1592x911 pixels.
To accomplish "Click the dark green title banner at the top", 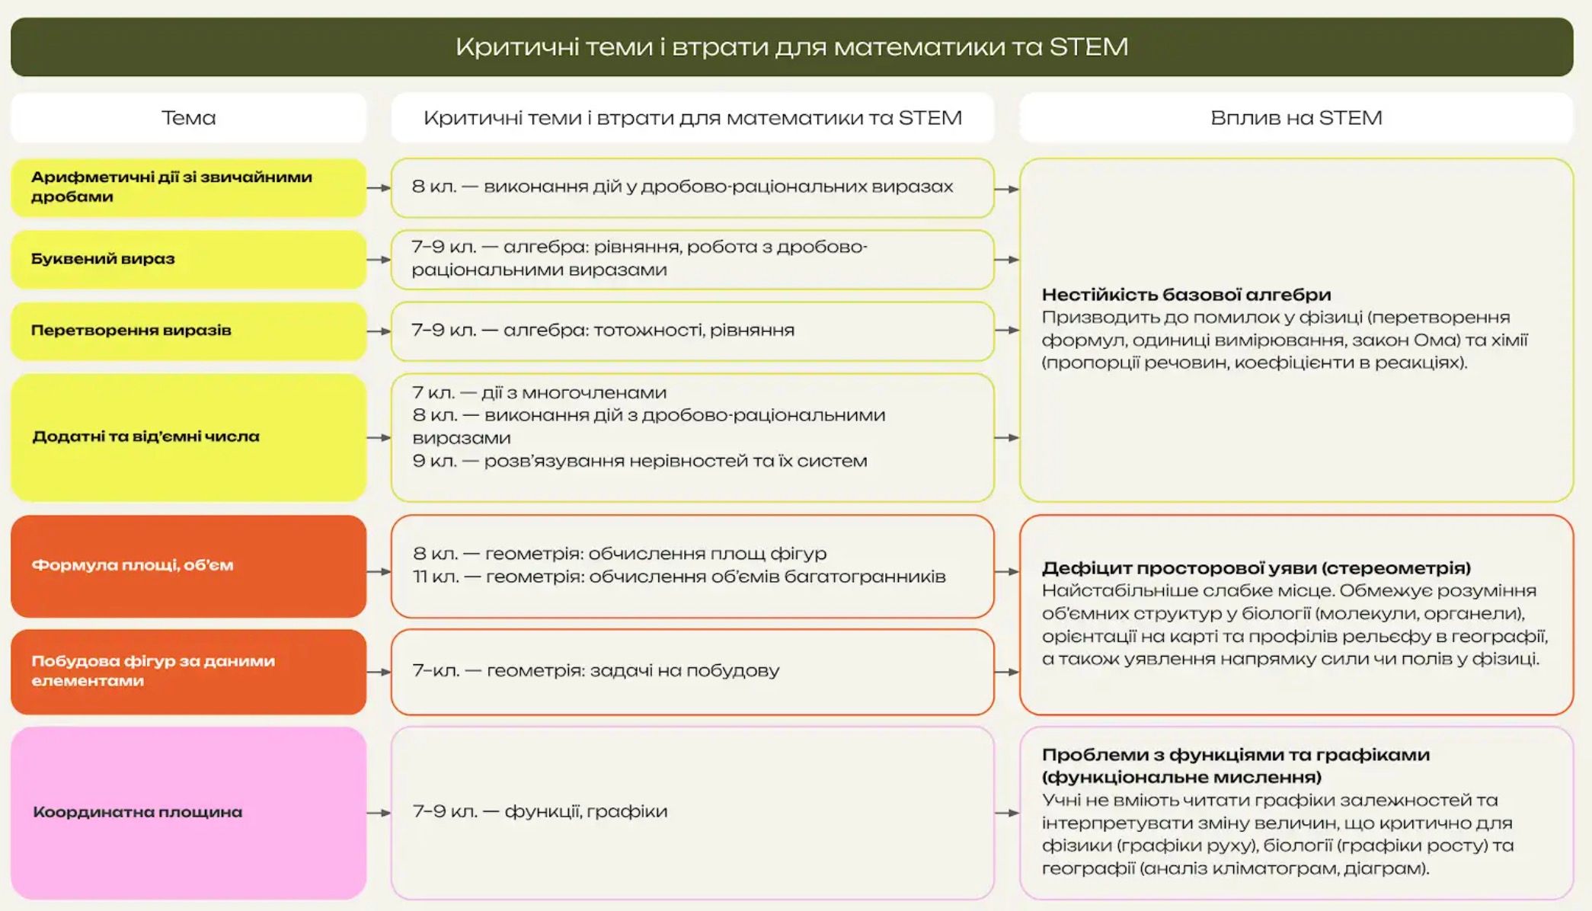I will [x=792, y=46].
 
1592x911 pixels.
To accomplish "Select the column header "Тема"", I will [x=188, y=118].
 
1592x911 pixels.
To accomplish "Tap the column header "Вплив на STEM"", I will [x=1296, y=118].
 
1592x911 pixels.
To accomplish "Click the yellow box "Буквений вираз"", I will [x=188, y=259].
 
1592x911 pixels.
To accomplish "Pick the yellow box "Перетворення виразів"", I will [x=188, y=331].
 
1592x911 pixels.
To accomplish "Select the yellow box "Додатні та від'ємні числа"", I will [x=188, y=437].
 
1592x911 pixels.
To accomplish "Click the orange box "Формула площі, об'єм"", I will [x=188, y=566].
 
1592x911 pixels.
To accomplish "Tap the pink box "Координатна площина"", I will [x=188, y=813].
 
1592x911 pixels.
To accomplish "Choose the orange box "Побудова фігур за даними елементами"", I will [x=188, y=671].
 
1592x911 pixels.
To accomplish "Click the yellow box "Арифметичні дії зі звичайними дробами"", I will [x=188, y=187].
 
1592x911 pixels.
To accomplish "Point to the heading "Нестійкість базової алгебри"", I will [x=1186, y=295].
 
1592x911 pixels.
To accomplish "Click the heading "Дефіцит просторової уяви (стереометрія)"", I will [x=1256, y=568].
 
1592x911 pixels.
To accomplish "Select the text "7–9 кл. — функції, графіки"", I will [x=539, y=812].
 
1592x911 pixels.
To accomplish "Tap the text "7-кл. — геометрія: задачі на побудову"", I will [x=596, y=671].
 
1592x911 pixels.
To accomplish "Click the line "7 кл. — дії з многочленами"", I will [x=539, y=393].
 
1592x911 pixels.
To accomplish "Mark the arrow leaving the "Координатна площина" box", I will [x=379, y=814].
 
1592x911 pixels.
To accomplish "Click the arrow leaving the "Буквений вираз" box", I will [x=379, y=260].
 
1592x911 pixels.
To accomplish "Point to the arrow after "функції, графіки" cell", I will [x=1006, y=814].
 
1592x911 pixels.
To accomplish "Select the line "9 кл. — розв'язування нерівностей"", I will [x=640, y=462].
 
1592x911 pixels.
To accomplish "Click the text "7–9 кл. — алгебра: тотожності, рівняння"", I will [x=603, y=331].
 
